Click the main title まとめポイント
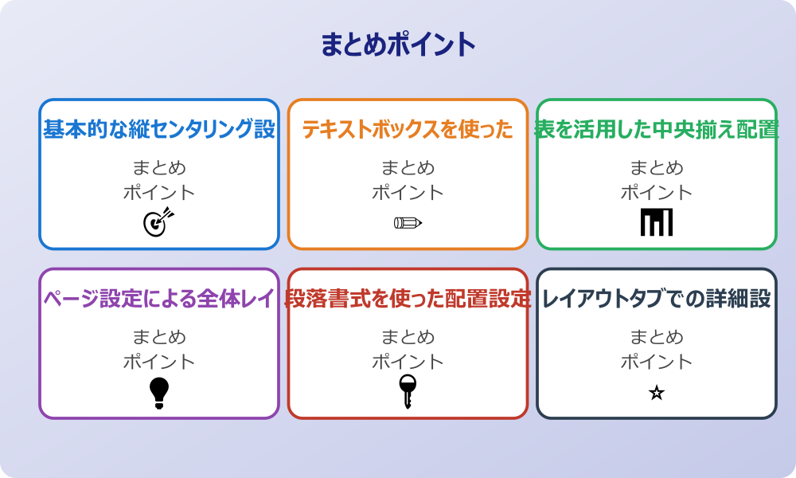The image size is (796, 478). point(398,45)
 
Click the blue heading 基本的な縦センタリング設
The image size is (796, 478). point(159,129)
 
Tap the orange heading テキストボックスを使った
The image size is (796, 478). point(408,129)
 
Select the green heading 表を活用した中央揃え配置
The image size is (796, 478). point(657,129)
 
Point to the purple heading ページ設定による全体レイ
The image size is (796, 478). point(159,299)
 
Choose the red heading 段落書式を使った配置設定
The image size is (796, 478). point(408,299)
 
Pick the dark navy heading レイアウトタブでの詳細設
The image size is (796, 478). point(657,299)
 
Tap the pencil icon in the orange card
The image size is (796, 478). point(408,222)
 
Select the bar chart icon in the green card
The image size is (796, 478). point(657,221)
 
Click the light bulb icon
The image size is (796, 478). point(159,392)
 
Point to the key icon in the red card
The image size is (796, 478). point(408,391)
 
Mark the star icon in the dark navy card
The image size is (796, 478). point(657,393)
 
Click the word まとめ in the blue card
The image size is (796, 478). point(159,168)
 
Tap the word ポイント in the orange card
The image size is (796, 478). point(408,192)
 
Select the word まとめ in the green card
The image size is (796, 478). point(657,168)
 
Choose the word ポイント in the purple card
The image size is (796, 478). point(159,362)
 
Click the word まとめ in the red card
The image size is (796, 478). point(408,337)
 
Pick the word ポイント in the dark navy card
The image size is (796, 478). point(657,362)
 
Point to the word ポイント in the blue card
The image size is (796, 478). point(159,192)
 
